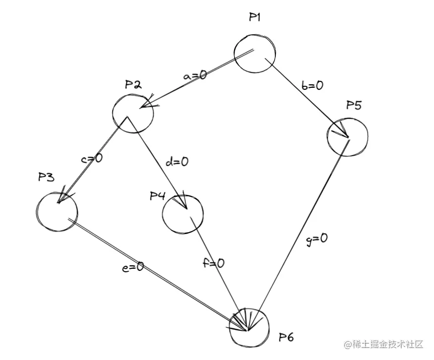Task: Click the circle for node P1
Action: point(254,53)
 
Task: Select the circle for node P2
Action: point(133,113)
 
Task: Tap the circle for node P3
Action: point(57,211)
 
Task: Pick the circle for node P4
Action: point(183,214)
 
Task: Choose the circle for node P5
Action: point(347,136)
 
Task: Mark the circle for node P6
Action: point(249,327)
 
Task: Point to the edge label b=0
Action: point(311,86)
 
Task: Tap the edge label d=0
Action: point(177,162)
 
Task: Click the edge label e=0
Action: point(133,267)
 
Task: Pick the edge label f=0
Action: point(213,263)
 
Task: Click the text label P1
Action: point(255,17)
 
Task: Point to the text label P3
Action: point(46,178)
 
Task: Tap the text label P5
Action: point(354,105)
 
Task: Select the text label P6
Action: point(286,338)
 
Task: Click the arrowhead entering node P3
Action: point(62,197)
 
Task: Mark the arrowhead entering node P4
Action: point(182,202)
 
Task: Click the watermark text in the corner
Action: point(382,344)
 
